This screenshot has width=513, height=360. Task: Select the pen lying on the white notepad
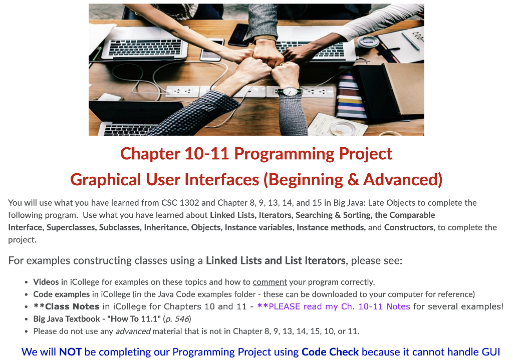(x=410, y=41)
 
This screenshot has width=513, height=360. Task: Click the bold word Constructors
(x=408, y=227)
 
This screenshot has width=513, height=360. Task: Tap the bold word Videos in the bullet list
(x=46, y=282)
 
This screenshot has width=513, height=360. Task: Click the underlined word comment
(x=270, y=282)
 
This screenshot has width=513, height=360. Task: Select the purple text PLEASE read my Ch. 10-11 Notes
(x=339, y=306)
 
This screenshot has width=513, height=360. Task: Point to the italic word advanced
(x=133, y=331)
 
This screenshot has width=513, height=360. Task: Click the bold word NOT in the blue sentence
(x=70, y=352)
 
